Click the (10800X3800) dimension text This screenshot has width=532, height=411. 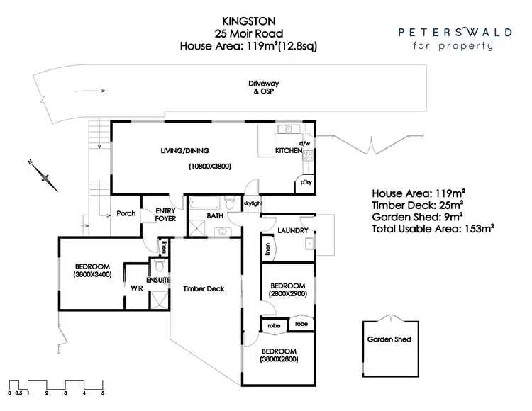(x=210, y=166)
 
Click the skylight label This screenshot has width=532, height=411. (x=253, y=203)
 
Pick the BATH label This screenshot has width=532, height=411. (x=215, y=215)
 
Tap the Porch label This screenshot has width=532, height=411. (x=126, y=214)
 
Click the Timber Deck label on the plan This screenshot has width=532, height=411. (x=204, y=288)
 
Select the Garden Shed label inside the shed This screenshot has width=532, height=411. (x=389, y=339)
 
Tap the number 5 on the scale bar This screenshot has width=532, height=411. (x=103, y=392)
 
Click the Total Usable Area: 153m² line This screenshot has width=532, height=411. (x=433, y=229)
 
